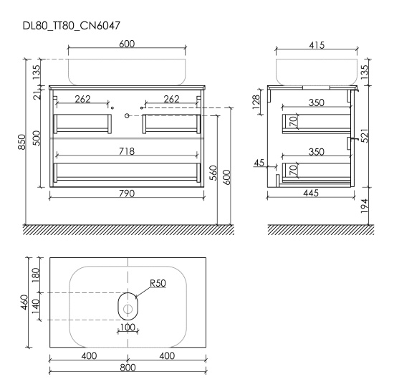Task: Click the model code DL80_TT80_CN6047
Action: point(72,26)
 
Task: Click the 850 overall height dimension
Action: point(21,142)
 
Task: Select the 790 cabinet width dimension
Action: point(127,193)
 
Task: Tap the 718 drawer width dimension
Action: point(127,151)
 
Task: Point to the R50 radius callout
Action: point(158,283)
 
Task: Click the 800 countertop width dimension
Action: point(128,368)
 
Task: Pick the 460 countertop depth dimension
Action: point(24,302)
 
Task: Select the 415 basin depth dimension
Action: point(317,45)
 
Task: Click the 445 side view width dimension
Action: point(311,193)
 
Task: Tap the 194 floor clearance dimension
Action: point(364,206)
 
